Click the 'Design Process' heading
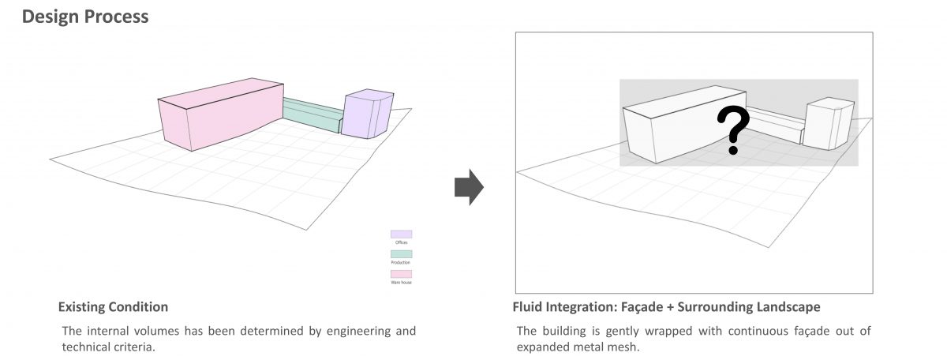pos(85,17)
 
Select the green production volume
pos(312,115)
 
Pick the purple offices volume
pos(367,114)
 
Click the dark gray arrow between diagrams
pos(469,186)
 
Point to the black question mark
pos(733,130)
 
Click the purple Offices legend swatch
pos(401,234)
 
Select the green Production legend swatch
pos(401,254)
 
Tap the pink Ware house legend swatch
pos(401,274)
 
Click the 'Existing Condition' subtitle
pos(113,306)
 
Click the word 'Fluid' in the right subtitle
pos(530,306)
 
